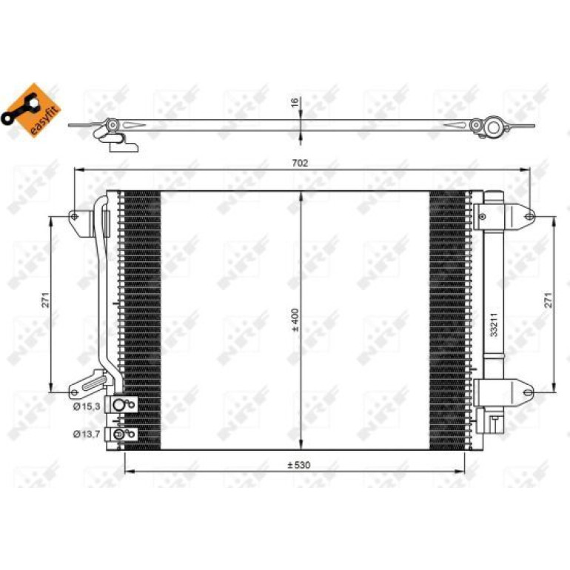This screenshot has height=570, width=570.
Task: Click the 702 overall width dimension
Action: pos(300,163)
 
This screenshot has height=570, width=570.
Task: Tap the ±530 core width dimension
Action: pos(299,465)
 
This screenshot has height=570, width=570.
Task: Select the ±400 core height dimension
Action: pos(295,320)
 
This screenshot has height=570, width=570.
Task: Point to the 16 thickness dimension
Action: pos(295,102)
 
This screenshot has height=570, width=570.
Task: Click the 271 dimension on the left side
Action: pos(46,300)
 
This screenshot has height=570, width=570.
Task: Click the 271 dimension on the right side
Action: pos(549,300)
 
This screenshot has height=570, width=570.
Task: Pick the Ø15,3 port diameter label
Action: pos(87,406)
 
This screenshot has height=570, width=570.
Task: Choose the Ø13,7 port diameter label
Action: pos(87,434)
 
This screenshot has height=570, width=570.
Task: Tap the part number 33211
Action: pos(494,325)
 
